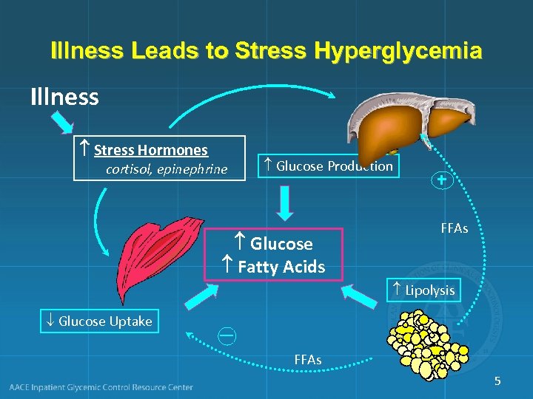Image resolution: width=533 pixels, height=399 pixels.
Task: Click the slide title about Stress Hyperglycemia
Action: coord(266,52)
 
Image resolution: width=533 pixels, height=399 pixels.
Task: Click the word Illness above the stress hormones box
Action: coord(64,97)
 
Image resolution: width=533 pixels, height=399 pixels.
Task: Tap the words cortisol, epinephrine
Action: coord(167,170)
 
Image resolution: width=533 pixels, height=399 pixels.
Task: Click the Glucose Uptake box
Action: coord(99,321)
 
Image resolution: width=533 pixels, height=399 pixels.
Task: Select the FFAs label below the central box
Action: coord(308,360)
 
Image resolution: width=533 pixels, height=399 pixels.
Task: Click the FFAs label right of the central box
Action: coord(455,229)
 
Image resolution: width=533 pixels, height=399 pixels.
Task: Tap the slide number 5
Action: coord(497,381)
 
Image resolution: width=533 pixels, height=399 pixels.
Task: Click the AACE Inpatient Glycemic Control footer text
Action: coord(101,387)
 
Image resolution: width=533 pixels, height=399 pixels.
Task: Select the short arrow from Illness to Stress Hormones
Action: coord(61,123)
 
